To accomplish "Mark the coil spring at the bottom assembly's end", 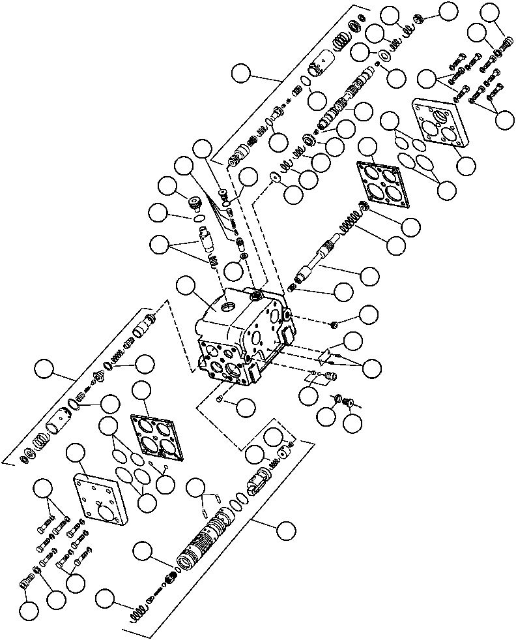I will point(137,613).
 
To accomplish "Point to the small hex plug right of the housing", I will point(333,324).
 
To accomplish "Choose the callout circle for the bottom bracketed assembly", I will point(284,530).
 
